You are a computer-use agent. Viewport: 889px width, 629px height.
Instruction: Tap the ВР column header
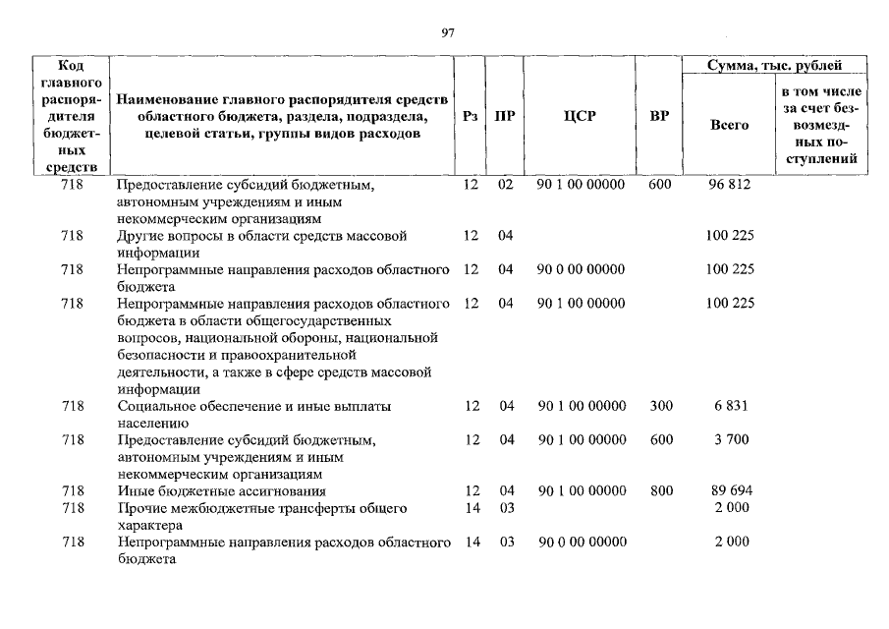pos(660,116)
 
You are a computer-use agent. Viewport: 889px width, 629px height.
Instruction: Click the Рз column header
pos(471,116)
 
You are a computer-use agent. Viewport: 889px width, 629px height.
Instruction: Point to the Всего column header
pos(729,125)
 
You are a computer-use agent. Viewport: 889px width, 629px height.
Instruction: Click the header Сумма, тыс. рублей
pos(775,66)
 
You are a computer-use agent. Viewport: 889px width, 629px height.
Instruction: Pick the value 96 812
pos(730,184)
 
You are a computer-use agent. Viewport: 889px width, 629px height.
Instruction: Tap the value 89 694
pos(730,490)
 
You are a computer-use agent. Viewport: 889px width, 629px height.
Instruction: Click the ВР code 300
pos(660,406)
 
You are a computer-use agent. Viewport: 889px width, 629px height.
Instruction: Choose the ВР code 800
pos(660,490)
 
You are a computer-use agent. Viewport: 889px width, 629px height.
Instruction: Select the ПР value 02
pos(505,184)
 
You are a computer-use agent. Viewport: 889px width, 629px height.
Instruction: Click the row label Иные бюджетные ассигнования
pos(221,490)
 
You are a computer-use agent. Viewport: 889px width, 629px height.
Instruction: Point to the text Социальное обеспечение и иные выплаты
pos(254,406)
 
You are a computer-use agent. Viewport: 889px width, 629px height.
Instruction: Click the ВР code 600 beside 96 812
pos(660,184)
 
